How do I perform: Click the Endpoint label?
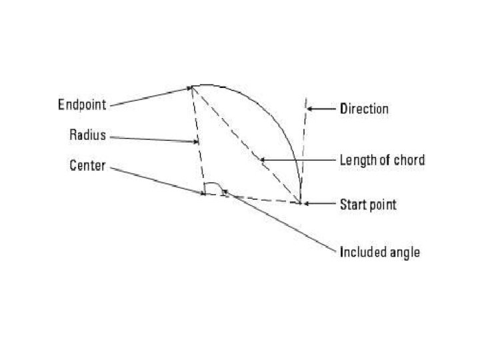coord(82,105)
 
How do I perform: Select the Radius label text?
coord(87,135)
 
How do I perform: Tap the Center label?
coord(87,165)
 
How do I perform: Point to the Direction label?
coord(364,108)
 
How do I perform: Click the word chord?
coord(409,160)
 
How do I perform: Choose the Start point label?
coord(368,204)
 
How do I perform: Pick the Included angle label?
coord(379,253)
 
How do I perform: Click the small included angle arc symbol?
coord(213,187)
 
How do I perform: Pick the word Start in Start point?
coord(352,204)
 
